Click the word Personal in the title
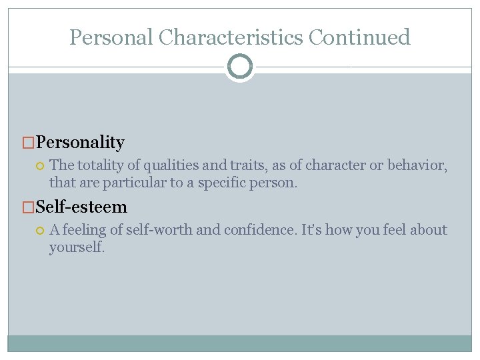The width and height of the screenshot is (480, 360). tap(111, 37)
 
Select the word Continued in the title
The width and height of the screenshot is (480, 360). tap(360, 37)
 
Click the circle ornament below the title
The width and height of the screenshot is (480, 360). tap(240, 67)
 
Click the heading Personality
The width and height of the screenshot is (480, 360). tap(81, 142)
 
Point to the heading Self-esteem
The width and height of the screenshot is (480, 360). tap(81, 207)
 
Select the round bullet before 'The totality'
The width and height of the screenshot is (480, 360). tap(40, 165)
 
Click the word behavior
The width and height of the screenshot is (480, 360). tap(419, 165)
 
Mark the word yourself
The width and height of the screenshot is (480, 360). tap(76, 247)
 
